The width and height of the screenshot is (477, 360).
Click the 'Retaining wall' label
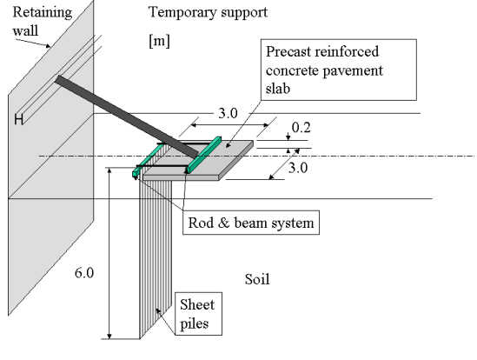tap(43, 22)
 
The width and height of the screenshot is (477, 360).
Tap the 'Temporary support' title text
tap(208, 13)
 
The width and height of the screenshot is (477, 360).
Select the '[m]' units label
tap(159, 41)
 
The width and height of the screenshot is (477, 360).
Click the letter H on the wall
tap(18, 119)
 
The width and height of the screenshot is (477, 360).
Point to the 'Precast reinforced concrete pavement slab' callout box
tap(339, 70)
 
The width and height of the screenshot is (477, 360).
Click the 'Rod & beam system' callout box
tap(251, 223)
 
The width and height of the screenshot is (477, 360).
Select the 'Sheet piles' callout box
tap(198, 314)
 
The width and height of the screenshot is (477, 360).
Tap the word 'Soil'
tap(257, 280)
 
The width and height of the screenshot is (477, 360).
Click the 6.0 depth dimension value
tap(84, 273)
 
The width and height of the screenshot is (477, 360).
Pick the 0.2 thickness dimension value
tap(301, 128)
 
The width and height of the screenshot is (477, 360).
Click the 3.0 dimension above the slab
tap(228, 114)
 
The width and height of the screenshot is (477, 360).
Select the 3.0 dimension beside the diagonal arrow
tap(298, 168)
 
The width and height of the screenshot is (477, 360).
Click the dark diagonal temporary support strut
tap(127, 117)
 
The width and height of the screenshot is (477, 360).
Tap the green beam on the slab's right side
tap(204, 155)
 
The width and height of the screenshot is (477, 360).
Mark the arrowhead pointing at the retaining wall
tap(48, 46)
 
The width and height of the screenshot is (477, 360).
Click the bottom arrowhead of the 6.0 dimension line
tap(109, 336)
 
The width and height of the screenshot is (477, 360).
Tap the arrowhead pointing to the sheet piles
tap(158, 310)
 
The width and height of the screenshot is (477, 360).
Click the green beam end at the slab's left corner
tap(135, 174)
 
